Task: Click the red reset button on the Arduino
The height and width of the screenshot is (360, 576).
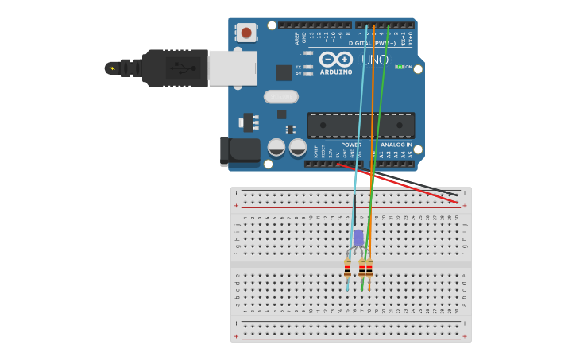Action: pos(246,33)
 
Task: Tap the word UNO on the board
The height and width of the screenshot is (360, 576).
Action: pos(375,60)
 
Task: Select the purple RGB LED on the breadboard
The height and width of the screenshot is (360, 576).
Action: pos(358,238)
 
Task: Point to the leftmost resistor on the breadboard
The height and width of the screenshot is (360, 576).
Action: pos(348,269)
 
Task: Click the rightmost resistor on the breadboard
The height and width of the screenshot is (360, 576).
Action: pos(369,269)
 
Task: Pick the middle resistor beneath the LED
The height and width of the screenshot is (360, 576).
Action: pos(362,269)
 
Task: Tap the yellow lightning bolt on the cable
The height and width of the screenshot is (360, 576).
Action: pos(112,68)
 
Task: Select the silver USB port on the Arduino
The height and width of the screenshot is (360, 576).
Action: pos(233,68)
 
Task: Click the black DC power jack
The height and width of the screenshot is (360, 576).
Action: pos(240,150)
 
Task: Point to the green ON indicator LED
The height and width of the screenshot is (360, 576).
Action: pos(400,67)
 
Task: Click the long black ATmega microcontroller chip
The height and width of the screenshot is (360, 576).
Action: pos(361,125)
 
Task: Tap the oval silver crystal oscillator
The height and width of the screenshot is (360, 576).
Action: pos(280,96)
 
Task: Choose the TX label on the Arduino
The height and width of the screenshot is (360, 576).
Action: pos(298,67)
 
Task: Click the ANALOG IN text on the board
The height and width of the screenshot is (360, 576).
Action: pos(396,145)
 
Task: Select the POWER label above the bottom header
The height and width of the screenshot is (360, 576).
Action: pos(350,145)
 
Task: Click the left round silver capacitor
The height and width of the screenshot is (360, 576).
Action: pos(276,147)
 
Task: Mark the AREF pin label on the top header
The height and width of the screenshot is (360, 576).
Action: pos(297,37)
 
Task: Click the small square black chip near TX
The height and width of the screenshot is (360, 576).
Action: pos(284,72)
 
